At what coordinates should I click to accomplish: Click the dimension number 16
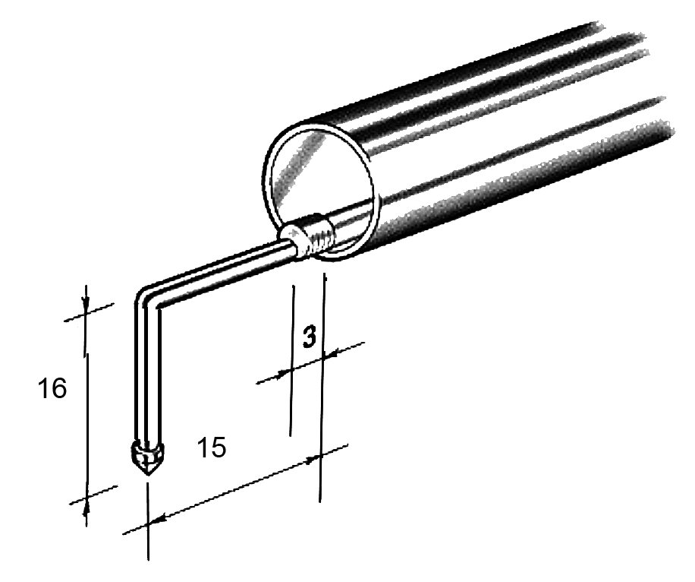[52, 388]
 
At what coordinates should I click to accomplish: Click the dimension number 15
[212, 447]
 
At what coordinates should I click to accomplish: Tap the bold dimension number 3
[310, 336]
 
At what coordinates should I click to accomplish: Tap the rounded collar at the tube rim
[294, 240]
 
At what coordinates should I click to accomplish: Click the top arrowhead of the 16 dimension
[86, 304]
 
